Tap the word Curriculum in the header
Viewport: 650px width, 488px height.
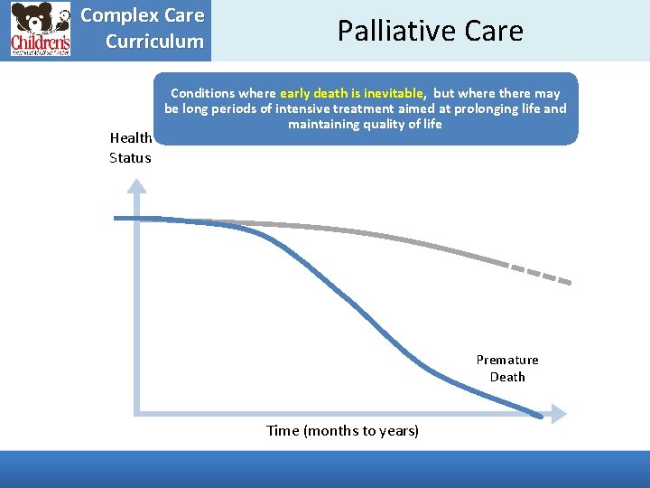click(154, 42)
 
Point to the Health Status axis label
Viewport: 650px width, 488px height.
click(130, 148)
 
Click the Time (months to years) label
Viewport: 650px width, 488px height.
click(342, 431)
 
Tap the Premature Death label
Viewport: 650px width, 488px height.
click(507, 369)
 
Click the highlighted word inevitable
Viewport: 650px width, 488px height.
click(389, 93)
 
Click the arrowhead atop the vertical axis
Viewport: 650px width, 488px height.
click(137, 187)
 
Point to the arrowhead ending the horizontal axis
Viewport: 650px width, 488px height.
click(559, 414)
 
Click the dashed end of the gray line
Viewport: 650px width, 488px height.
click(542, 273)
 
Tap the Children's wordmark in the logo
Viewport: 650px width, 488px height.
click(40, 42)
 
